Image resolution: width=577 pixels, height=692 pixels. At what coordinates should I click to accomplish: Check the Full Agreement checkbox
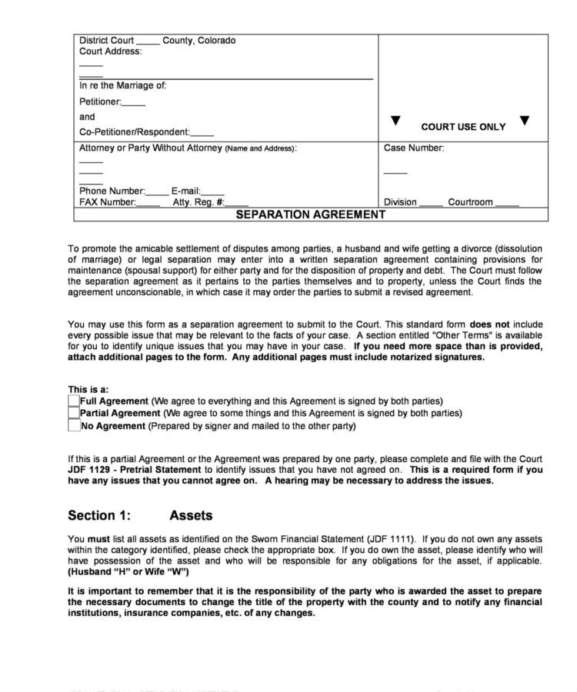coord(74,401)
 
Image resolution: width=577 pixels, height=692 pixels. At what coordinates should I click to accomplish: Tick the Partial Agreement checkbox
coord(74,413)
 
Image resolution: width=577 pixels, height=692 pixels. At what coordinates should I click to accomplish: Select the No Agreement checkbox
coord(74,425)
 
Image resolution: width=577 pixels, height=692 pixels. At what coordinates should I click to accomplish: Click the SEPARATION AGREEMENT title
coord(310,215)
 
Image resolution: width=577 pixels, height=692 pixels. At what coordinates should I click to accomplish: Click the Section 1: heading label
coord(99,515)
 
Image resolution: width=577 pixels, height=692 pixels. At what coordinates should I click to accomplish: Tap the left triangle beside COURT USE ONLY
coord(395,121)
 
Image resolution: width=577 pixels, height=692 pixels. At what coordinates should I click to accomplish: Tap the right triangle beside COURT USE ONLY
coord(524,121)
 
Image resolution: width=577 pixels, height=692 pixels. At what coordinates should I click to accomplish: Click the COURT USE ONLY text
coord(463,127)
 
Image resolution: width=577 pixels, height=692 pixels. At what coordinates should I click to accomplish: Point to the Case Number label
coord(413,148)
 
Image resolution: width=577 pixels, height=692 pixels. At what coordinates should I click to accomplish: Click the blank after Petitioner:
coord(133,103)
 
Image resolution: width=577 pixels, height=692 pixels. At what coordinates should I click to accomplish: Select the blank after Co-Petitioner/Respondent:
coord(202,134)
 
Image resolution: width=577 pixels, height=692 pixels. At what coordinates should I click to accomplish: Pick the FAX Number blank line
coord(148,204)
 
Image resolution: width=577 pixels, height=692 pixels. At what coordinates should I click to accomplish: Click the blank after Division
coord(431,204)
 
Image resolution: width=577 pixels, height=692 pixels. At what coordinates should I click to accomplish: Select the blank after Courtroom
coord(506,204)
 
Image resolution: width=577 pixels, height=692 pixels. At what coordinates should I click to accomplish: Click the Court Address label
coord(111,52)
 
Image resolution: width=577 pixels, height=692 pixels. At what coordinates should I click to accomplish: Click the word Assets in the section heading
coord(191,515)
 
